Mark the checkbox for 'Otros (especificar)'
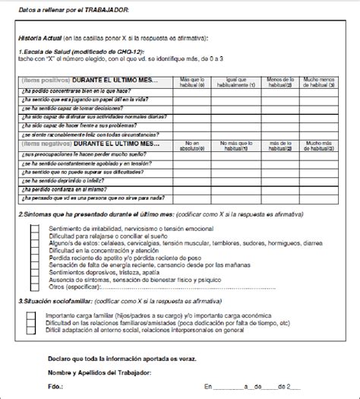pos(33,288)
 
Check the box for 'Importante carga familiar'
pos(33,313)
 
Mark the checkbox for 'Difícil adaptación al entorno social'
pos(33,330)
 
